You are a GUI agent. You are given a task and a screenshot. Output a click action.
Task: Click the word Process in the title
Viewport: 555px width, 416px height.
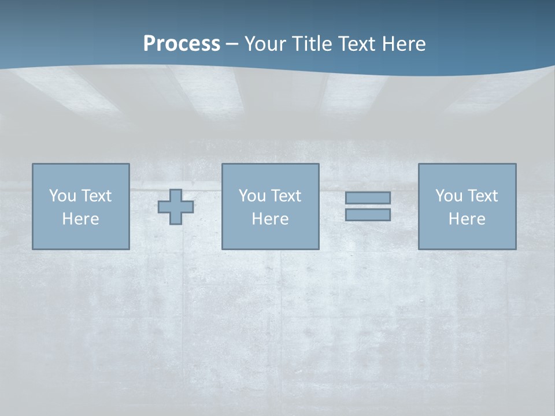coord(182,44)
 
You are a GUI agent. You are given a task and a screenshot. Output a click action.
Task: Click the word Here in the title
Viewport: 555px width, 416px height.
coord(404,44)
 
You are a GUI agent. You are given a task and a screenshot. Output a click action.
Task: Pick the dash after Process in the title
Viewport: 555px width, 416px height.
coord(232,45)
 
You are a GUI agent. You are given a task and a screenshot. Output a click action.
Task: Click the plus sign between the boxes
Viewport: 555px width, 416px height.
coord(176,207)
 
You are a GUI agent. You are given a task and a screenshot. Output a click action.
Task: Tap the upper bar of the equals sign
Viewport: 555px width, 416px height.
coord(368,198)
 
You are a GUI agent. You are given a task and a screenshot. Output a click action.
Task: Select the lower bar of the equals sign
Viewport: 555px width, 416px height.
coord(368,214)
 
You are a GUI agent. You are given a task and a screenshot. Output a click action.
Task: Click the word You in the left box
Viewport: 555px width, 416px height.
coord(62,196)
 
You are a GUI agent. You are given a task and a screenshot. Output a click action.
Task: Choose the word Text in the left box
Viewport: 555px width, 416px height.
coord(96,196)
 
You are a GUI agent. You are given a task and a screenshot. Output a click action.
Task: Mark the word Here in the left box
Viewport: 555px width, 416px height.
coord(80,219)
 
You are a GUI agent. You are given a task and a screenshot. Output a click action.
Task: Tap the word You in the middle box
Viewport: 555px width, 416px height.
coord(252,196)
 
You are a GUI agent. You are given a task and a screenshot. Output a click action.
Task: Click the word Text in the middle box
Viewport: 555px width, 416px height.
coord(286,196)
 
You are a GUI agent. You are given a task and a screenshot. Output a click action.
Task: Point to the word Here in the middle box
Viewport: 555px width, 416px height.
coord(270,219)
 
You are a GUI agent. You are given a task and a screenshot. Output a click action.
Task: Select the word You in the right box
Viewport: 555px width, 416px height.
coord(449,196)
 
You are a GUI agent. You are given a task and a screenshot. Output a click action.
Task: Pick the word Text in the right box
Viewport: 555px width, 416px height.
coord(482,196)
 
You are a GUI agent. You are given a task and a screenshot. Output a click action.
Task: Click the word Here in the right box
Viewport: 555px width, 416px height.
coord(467,219)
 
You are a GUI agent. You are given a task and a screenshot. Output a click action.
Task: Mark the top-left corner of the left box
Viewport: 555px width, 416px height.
coord(33,164)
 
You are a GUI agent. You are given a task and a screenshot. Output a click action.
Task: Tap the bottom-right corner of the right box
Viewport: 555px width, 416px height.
coord(516,249)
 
